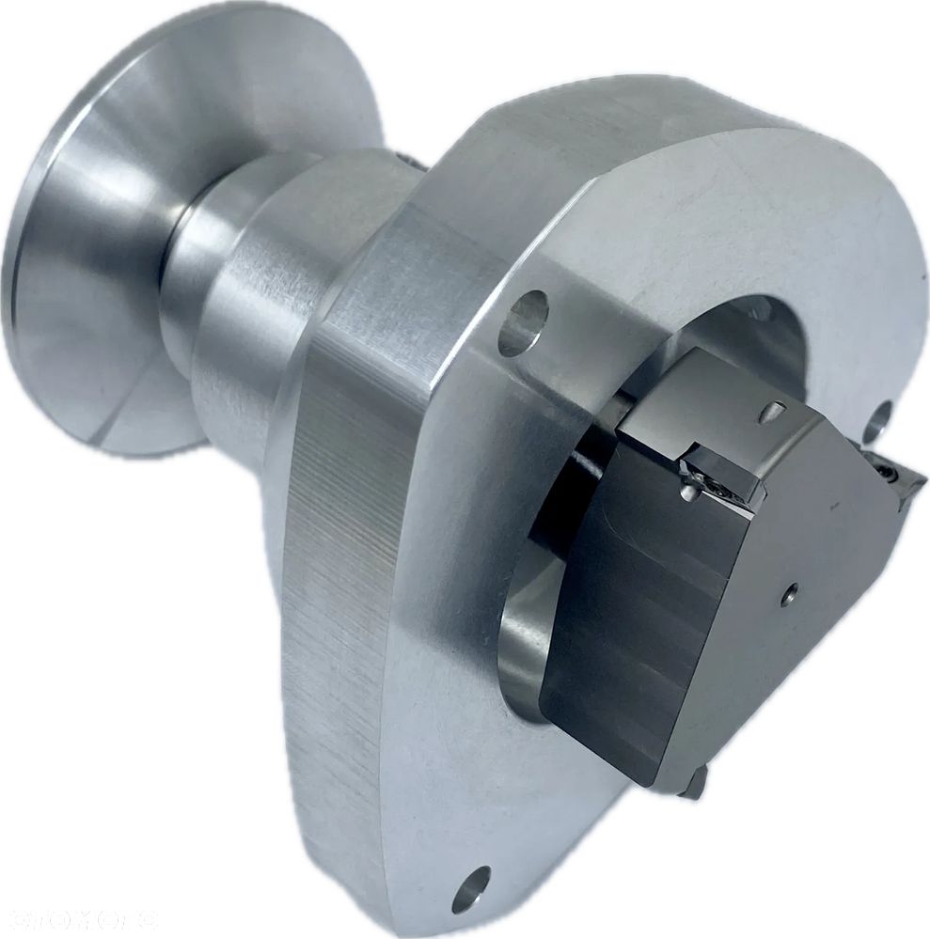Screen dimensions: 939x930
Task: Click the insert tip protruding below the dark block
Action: click(695, 782)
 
